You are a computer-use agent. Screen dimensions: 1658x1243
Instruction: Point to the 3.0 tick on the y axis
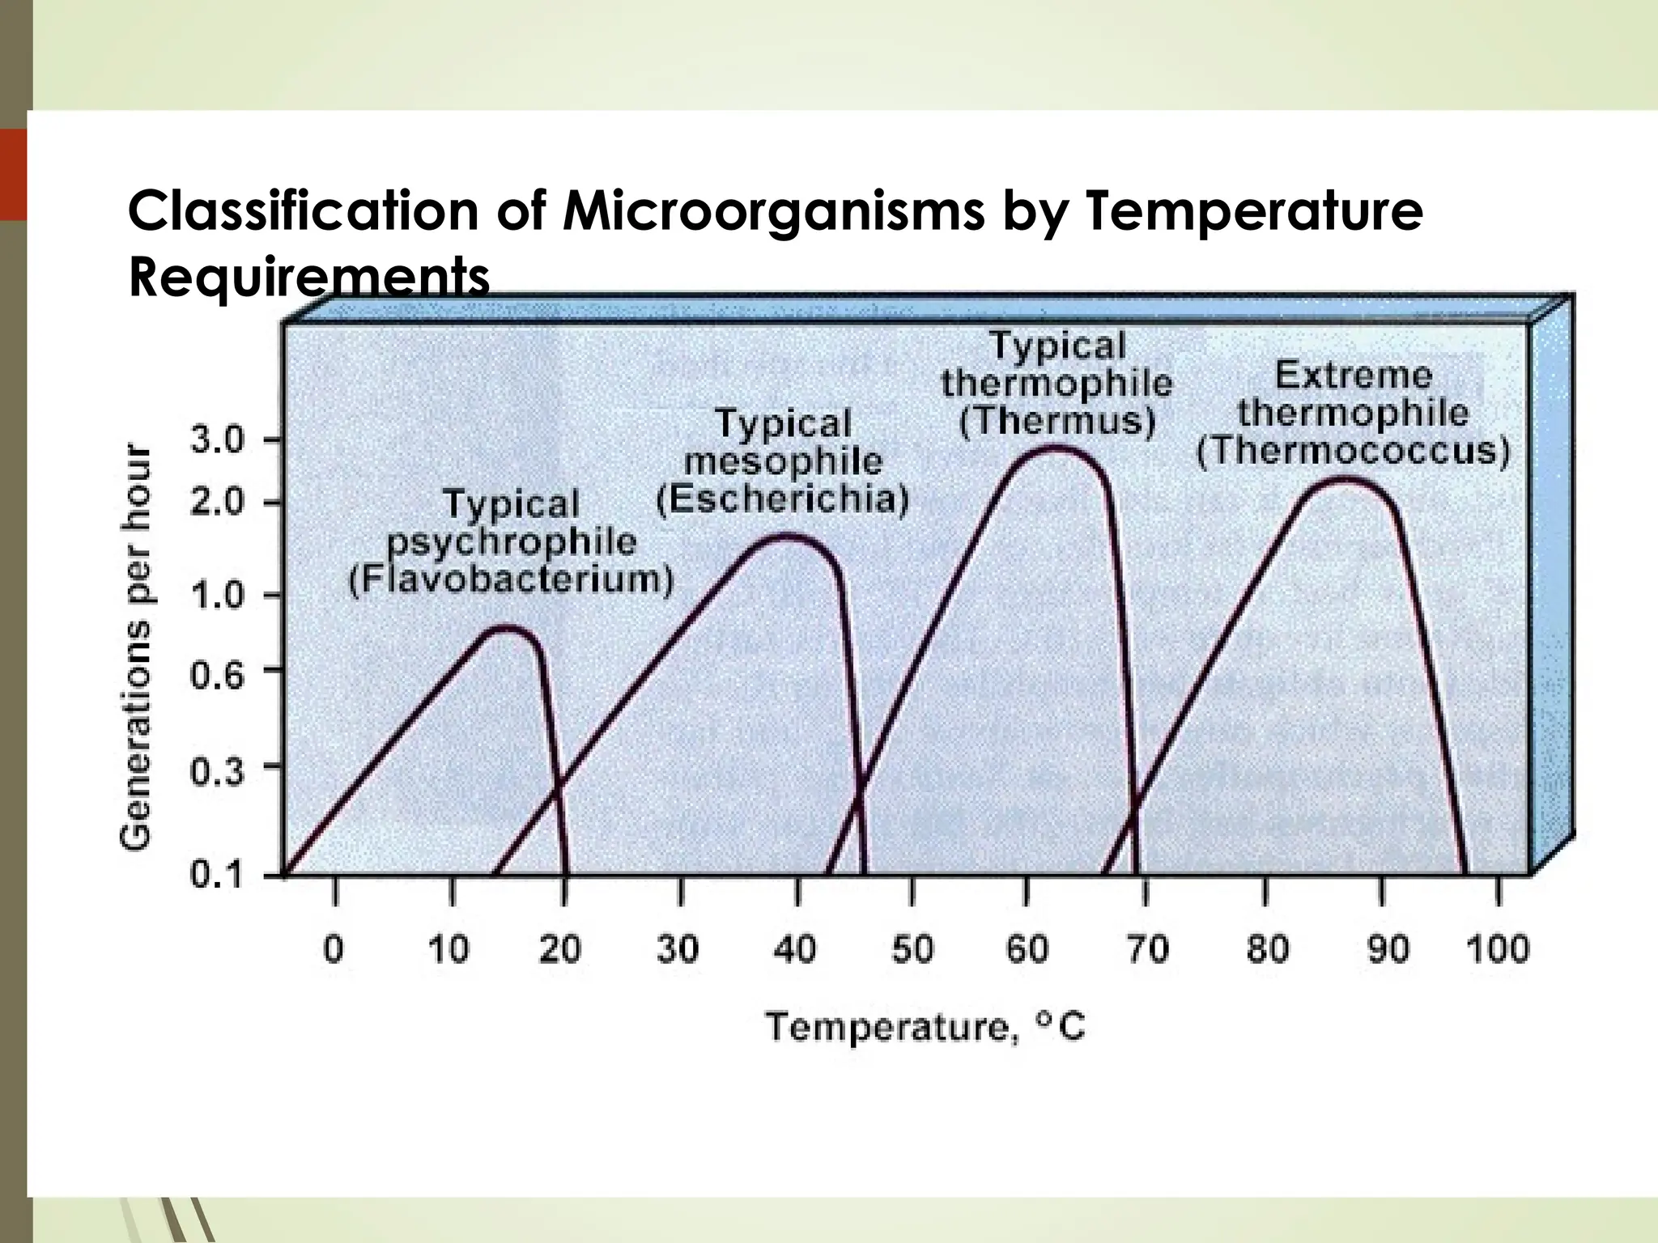point(216,441)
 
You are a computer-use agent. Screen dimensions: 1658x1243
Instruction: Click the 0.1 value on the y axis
point(216,876)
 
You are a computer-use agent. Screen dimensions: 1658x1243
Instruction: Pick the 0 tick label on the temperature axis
point(334,948)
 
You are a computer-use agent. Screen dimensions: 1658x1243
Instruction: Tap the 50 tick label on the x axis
point(912,948)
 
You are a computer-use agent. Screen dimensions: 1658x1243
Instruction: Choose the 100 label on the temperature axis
point(1497,948)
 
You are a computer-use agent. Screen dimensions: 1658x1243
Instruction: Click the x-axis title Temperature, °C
point(925,1028)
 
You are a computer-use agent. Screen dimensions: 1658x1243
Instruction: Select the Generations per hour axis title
point(136,647)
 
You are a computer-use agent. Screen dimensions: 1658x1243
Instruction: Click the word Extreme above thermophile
point(1353,375)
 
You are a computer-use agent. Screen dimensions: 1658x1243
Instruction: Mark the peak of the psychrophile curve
point(508,628)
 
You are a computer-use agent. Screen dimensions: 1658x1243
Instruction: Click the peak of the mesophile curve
point(785,536)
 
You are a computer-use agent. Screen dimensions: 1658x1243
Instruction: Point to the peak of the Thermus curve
point(1055,448)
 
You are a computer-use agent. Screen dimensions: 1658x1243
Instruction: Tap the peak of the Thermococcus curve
point(1345,479)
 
